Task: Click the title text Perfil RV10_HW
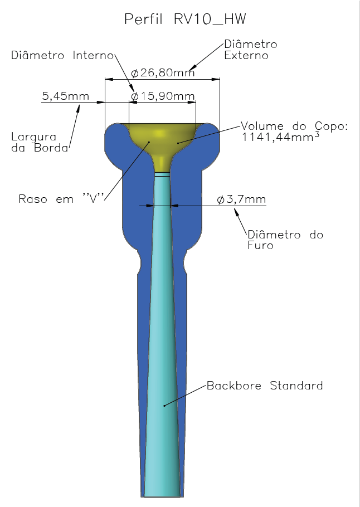click(x=185, y=19)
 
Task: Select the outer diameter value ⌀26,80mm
click(x=163, y=73)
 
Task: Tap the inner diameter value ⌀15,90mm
click(x=163, y=96)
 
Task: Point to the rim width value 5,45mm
click(x=65, y=96)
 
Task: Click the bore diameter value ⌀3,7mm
click(x=241, y=199)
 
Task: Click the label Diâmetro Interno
click(x=62, y=55)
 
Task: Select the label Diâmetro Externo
click(x=251, y=50)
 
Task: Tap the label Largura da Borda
click(x=40, y=142)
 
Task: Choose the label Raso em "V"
click(x=61, y=198)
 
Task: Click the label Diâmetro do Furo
click(x=285, y=240)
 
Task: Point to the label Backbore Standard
click(x=265, y=386)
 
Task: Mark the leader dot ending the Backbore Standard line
click(x=164, y=406)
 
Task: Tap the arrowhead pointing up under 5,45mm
click(x=77, y=109)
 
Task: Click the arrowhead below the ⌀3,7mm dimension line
click(x=236, y=213)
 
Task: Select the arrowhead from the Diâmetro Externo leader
click(x=193, y=67)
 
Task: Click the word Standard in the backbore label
click(x=296, y=386)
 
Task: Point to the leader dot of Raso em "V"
click(x=149, y=142)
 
